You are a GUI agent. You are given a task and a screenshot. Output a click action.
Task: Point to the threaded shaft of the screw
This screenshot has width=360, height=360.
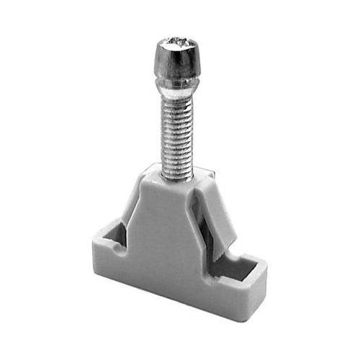click(176, 133)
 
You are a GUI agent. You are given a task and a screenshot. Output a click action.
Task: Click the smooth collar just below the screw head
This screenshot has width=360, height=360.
click(176, 89)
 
